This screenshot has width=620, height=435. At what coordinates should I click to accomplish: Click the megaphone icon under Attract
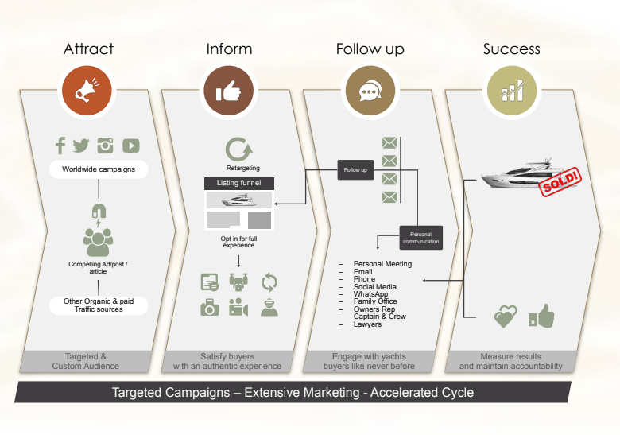pos(87,90)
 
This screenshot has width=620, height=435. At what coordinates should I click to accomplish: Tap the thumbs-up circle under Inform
pos(229,90)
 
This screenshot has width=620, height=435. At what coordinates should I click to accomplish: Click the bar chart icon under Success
pos(512,90)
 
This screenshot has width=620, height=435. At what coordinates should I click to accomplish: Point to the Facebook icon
pos(60,146)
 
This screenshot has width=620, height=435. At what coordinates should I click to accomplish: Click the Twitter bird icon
pos(81,146)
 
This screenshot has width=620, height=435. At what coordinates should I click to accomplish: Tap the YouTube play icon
pos(131,146)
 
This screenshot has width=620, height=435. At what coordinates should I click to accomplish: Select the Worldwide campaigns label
pos(99,169)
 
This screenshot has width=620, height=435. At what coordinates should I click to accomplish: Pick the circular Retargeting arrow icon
pos(238,150)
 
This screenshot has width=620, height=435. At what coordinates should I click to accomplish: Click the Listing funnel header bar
pos(238,183)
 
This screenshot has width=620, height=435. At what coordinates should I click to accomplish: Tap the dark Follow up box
pos(355,170)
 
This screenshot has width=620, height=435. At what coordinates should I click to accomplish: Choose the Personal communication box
pos(420,238)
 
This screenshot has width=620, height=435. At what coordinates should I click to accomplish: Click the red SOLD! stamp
pos(560,181)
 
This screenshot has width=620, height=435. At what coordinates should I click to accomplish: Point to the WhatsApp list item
pos(370,293)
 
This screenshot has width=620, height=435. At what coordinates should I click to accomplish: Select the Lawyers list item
pos(367,324)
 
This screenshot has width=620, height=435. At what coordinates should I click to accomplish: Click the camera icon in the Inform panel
pos(210,307)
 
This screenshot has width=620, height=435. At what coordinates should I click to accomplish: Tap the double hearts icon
pos(506,317)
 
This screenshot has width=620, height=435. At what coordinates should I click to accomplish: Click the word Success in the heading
pos(511,49)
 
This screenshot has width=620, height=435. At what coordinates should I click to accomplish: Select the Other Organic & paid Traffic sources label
pos(99,305)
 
